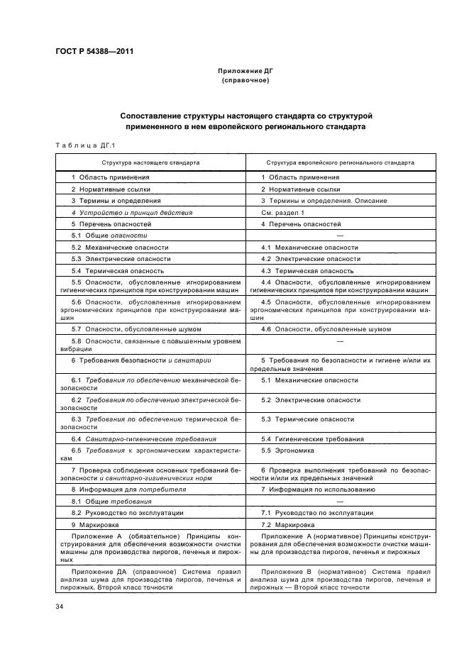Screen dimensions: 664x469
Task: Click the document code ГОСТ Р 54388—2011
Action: point(94,52)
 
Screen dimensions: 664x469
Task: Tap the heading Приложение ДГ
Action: point(245,72)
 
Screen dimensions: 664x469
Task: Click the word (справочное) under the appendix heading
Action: point(245,80)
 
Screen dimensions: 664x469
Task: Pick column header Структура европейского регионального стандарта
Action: point(340,162)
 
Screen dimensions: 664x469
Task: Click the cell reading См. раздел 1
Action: point(282,212)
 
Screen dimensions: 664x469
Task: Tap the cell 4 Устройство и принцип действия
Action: point(132,212)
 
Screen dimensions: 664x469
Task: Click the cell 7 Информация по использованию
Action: point(313,489)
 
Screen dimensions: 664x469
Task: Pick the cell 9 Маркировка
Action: point(99,524)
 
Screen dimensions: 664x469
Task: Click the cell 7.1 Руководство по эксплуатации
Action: point(313,512)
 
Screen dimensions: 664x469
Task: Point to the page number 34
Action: point(59,605)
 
